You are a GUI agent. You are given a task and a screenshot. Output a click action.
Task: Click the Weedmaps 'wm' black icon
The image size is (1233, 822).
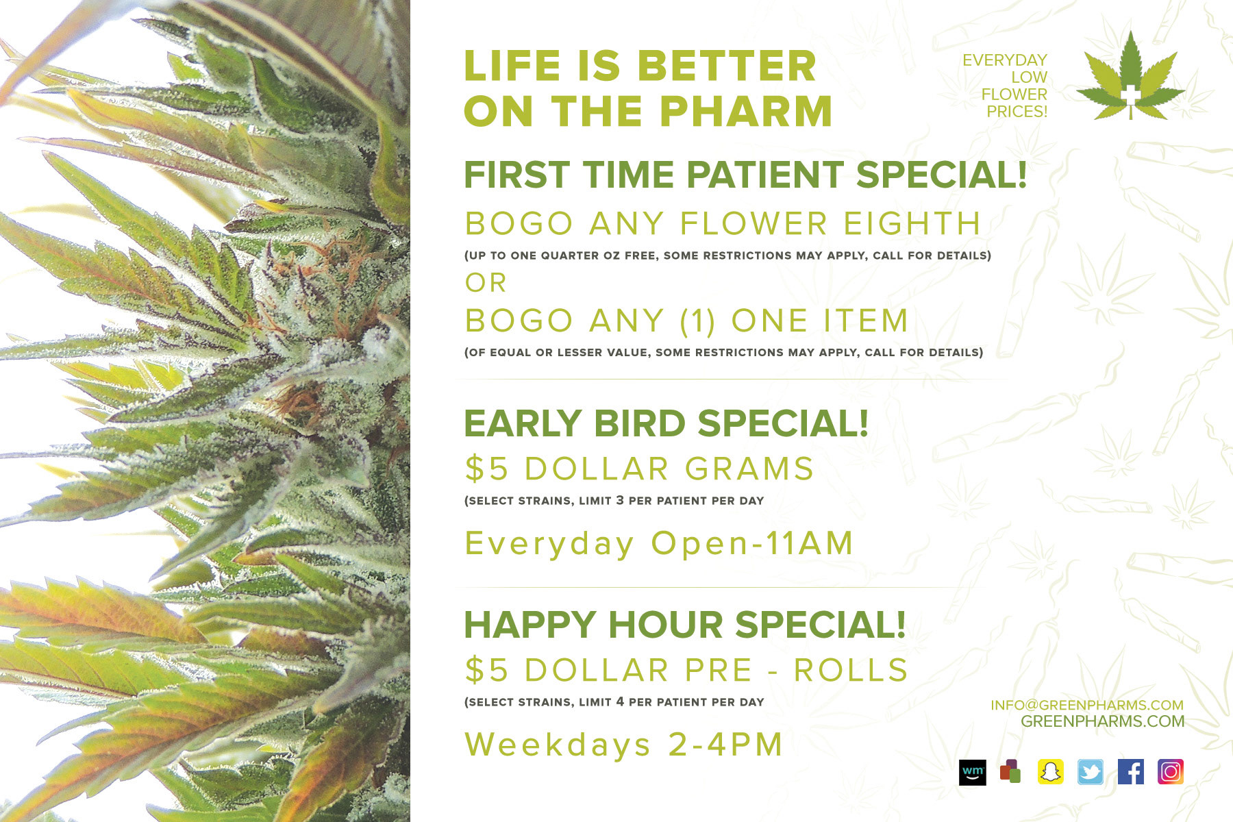(973, 772)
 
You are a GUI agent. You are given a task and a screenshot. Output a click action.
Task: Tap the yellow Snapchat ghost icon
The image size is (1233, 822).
(1051, 772)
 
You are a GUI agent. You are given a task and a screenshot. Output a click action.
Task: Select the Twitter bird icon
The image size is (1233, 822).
(1091, 772)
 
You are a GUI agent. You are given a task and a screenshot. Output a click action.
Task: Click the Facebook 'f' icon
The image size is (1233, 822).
(1130, 772)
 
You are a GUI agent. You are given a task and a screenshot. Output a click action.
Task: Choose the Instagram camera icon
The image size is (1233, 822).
(1171, 772)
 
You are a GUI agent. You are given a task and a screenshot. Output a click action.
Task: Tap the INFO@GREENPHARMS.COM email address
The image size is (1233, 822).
(1087, 705)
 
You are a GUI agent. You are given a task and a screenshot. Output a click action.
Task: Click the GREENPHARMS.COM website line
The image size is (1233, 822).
(1102, 721)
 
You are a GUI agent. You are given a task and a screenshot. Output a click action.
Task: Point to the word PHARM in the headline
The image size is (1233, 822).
(746, 111)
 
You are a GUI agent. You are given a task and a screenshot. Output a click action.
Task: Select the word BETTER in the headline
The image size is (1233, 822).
(727, 66)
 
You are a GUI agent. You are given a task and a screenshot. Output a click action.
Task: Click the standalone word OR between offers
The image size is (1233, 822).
(486, 282)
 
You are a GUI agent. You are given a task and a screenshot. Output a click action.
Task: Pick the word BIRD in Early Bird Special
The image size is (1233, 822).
(640, 423)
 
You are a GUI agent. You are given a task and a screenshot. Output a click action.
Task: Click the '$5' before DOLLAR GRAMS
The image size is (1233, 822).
(486, 469)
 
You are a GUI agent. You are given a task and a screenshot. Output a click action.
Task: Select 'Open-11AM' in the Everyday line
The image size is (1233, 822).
(751, 543)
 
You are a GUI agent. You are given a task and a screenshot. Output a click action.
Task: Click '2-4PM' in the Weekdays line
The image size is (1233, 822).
(725, 745)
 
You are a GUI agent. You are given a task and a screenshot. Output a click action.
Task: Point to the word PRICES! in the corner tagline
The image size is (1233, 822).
(1017, 111)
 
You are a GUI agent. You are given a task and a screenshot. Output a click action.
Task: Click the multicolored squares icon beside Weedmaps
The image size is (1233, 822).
(1010, 772)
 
